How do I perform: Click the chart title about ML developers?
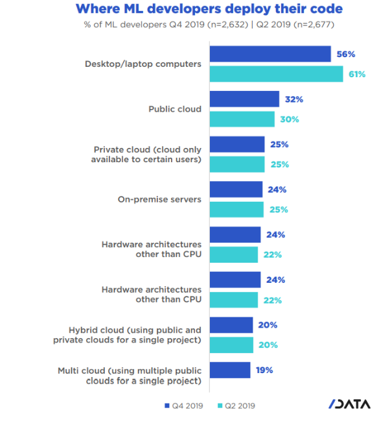(209, 10)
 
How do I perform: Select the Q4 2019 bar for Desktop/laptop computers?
(270, 54)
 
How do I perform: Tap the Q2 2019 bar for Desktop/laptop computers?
(275, 74)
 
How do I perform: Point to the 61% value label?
(356, 74)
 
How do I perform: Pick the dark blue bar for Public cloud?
(244, 99)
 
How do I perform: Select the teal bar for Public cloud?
(242, 119)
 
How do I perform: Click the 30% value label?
(289, 119)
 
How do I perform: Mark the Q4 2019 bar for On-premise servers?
(235, 189)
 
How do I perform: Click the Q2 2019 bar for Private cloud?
(236, 164)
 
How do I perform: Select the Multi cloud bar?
(229, 370)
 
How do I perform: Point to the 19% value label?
(264, 370)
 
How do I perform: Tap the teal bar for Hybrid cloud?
(231, 345)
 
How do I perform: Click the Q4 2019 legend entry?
(185, 406)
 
